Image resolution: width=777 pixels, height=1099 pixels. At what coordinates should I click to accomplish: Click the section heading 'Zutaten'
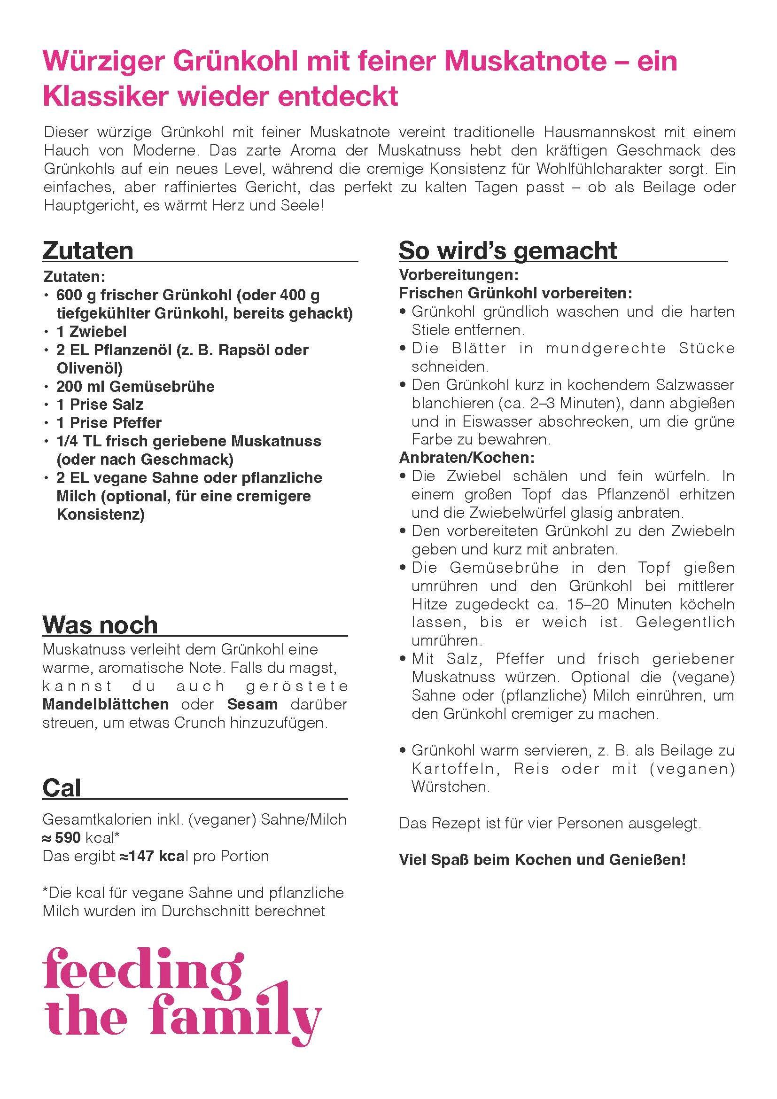[88, 250]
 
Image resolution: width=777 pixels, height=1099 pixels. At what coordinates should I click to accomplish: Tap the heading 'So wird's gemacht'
[508, 250]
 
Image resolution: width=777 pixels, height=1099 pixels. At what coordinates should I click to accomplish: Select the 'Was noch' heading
[100, 624]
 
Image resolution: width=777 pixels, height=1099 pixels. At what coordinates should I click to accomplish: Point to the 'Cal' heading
[62, 788]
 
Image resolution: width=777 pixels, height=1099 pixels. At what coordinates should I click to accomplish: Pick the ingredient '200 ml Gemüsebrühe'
[135, 386]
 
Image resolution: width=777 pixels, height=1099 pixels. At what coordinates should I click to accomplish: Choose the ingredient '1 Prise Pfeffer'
[109, 423]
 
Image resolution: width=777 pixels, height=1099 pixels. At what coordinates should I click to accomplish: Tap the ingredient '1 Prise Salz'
[100, 405]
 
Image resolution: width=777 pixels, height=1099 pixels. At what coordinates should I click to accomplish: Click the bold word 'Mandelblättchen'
[106, 704]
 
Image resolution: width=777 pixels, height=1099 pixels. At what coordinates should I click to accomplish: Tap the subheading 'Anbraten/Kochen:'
[466, 458]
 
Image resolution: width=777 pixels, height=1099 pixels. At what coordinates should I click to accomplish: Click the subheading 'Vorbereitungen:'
[459, 275]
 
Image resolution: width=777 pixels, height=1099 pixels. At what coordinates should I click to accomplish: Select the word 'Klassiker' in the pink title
[105, 96]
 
